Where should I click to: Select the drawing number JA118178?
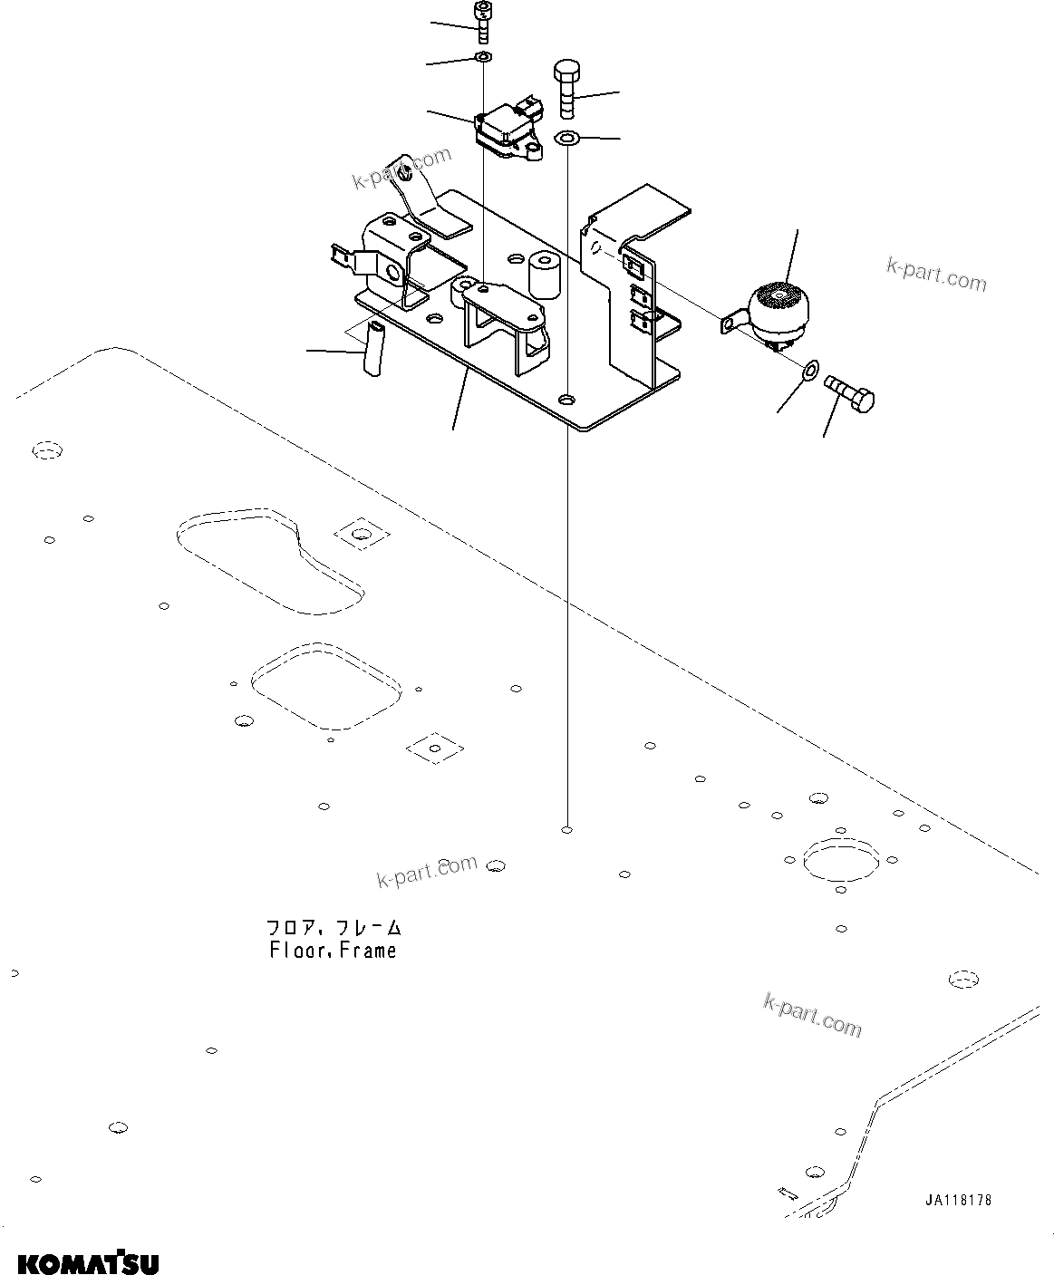pyautogui.click(x=958, y=1201)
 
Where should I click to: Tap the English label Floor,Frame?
pyautogui.click(x=333, y=951)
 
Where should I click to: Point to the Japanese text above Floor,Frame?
pyautogui.click(x=333, y=928)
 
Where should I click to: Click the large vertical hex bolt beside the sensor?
pyautogui.click(x=566, y=88)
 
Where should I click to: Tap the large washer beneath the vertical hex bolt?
pyautogui.click(x=567, y=139)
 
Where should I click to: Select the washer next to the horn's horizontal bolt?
pyautogui.click(x=809, y=370)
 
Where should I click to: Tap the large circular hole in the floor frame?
pyautogui.click(x=841, y=858)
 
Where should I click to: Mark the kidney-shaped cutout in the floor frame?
pyautogui.click(x=270, y=557)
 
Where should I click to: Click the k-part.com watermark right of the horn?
pyautogui.click(x=936, y=275)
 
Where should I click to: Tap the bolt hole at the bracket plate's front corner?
pyautogui.click(x=567, y=400)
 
